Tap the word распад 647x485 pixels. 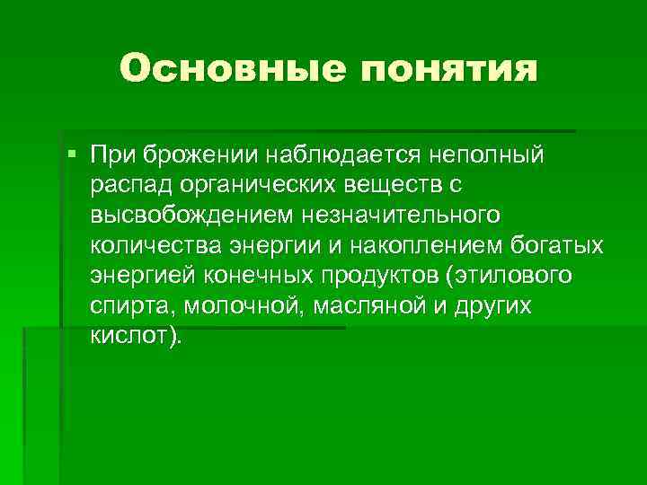(132, 185)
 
